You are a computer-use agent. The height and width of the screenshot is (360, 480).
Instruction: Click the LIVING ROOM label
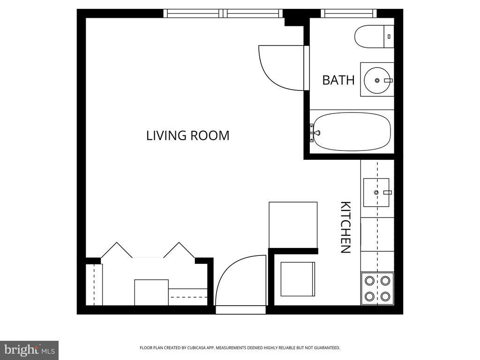click(x=187, y=135)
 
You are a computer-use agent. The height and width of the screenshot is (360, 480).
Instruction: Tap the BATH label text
click(x=338, y=80)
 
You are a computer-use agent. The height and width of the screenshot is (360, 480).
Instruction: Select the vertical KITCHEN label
click(x=345, y=227)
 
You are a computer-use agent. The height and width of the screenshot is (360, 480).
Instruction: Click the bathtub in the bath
click(x=352, y=132)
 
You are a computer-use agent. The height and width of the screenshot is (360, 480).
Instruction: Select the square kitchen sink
click(x=376, y=192)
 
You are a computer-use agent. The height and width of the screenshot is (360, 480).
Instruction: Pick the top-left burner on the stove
click(x=369, y=280)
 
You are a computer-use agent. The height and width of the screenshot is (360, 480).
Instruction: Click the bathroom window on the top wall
click(x=349, y=14)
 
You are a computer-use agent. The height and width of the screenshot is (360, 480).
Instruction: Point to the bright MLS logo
click(x=29, y=350)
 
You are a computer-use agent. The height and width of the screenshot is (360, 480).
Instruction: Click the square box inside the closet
click(x=151, y=292)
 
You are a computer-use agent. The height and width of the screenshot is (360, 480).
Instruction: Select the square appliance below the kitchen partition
click(x=298, y=279)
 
